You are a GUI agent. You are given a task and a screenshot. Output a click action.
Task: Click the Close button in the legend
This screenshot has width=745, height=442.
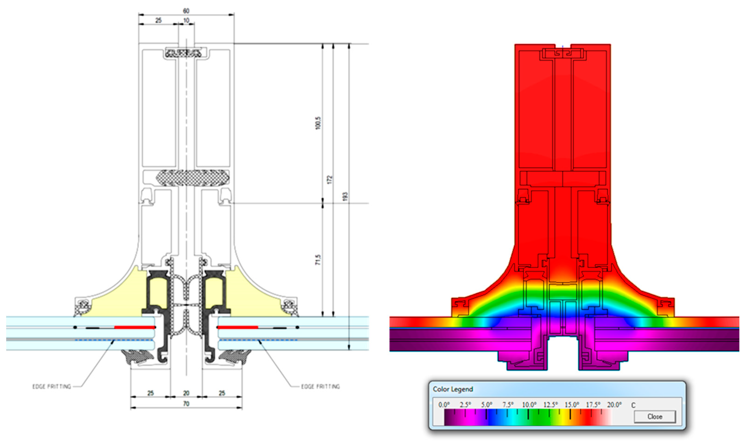(654, 416)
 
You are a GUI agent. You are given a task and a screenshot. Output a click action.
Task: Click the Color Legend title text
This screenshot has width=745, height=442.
(453, 389)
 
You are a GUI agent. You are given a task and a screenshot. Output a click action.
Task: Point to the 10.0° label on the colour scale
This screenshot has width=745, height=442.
(529, 405)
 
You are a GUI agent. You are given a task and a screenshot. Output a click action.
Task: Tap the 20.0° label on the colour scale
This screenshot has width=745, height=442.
(614, 405)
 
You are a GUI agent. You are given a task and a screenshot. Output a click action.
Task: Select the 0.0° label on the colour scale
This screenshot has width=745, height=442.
(444, 405)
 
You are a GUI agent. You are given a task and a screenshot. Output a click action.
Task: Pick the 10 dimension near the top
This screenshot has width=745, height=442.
(186, 20)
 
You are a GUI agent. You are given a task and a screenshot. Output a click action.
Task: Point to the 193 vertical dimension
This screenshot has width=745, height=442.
(345, 196)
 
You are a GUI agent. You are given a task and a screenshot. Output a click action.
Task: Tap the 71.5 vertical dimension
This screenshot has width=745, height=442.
(318, 260)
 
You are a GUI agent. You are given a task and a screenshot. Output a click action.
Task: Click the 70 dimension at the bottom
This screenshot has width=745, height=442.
(186, 404)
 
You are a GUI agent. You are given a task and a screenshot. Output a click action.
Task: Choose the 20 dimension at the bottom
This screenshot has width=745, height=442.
(186, 393)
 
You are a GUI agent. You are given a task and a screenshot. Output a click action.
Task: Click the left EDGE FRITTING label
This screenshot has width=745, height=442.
(52, 386)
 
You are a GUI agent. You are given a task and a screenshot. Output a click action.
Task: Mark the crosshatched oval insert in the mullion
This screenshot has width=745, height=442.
(192, 178)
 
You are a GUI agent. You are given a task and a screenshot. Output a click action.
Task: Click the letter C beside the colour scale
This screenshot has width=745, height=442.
(633, 405)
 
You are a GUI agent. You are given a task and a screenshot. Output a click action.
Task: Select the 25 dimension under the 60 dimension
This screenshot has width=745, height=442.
(159, 20)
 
